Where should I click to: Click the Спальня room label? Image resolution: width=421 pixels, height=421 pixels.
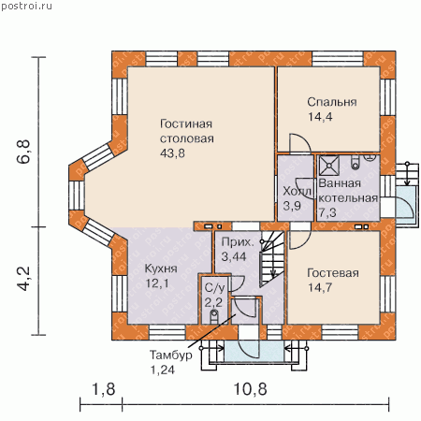(x=332, y=102)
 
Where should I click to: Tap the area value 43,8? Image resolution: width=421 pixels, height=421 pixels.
(x=172, y=153)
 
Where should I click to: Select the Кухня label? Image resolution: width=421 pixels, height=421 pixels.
(x=161, y=269)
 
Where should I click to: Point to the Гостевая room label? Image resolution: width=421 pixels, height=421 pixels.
(x=333, y=273)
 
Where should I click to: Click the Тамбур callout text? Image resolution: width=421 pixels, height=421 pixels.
(x=170, y=355)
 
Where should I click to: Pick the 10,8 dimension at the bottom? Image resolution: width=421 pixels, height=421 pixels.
(x=250, y=389)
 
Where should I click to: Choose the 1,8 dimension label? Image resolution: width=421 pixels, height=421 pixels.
(x=104, y=389)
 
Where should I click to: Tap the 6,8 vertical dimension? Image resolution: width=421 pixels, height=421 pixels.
(x=23, y=152)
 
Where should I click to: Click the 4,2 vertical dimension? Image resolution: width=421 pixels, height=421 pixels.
(x=23, y=279)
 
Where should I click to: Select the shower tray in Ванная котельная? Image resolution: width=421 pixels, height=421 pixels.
(x=329, y=166)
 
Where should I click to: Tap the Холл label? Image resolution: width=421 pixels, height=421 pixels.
(x=297, y=191)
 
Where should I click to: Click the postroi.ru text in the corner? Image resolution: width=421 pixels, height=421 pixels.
(x=26, y=6)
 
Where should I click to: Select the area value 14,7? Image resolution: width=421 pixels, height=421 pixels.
(x=320, y=287)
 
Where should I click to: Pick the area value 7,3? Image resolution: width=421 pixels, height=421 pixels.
(x=327, y=212)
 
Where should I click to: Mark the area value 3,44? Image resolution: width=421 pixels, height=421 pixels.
(x=234, y=256)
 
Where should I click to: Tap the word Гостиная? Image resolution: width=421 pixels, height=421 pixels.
(x=186, y=123)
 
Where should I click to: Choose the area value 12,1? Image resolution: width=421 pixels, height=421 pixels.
(x=157, y=283)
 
